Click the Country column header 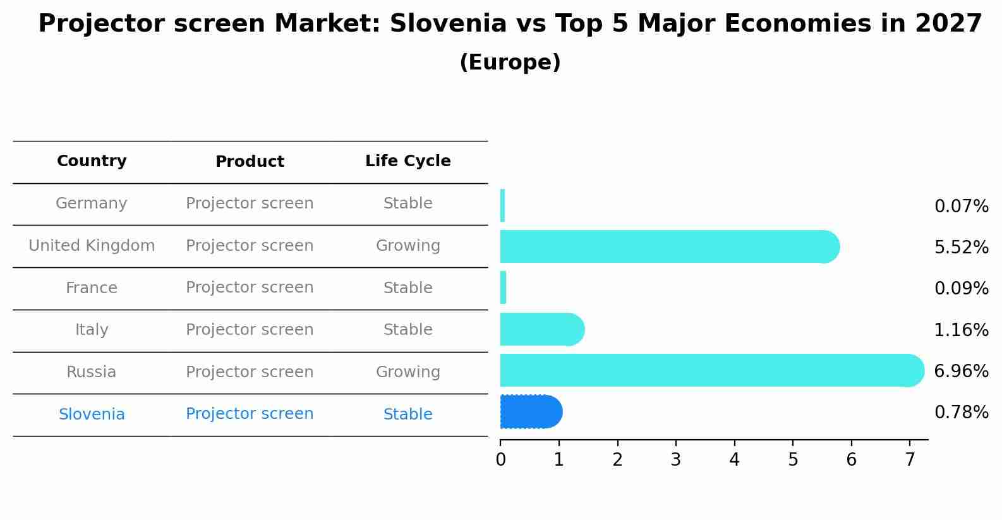(x=92, y=161)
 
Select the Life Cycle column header (x=407, y=161)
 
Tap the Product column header (x=250, y=162)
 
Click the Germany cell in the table (x=92, y=203)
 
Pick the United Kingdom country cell (x=92, y=246)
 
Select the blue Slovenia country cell (x=92, y=414)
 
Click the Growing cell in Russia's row (x=407, y=372)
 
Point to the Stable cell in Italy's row (x=407, y=330)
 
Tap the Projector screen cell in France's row (x=250, y=287)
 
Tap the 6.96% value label (x=961, y=371)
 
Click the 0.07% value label (x=961, y=207)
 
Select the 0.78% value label (x=961, y=413)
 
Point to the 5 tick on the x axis (x=793, y=460)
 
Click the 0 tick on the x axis (x=500, y=460)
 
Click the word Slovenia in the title (x=448, y=24)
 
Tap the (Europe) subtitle (x=510, y=63)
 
